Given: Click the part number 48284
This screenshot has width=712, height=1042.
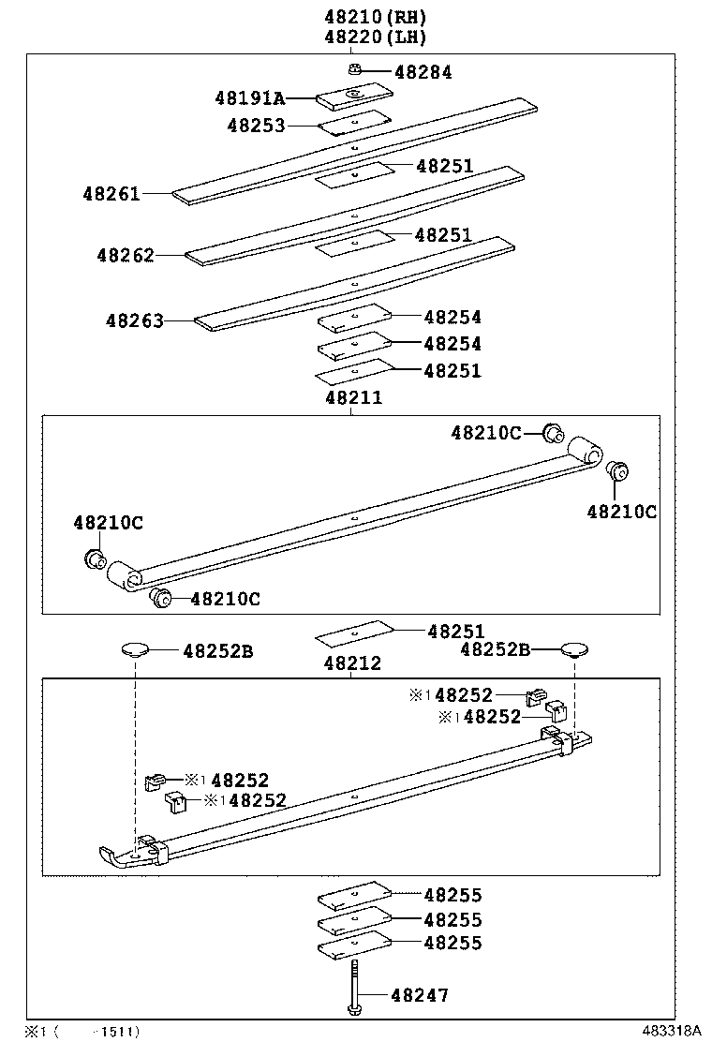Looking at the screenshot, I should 423,72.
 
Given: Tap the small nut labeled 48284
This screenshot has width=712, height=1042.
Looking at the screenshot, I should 355,69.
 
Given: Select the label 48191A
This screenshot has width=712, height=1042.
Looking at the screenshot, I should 249,97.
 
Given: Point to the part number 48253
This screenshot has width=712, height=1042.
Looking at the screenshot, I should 255,126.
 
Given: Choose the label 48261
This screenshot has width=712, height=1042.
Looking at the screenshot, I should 111,194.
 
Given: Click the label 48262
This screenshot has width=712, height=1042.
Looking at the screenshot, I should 125,255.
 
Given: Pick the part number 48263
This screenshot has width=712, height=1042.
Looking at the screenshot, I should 134,320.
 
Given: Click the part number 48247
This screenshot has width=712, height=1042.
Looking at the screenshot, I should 420,995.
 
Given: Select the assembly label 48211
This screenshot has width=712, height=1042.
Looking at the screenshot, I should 353,398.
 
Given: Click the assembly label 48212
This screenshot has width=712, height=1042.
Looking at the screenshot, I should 353,663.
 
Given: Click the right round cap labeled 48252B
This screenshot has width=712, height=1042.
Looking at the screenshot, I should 573,649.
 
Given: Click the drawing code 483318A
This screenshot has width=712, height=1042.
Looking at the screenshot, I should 671,1031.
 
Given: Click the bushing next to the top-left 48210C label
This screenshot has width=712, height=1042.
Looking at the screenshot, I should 95,559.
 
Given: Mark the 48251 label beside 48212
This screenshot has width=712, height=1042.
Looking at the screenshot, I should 456,632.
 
